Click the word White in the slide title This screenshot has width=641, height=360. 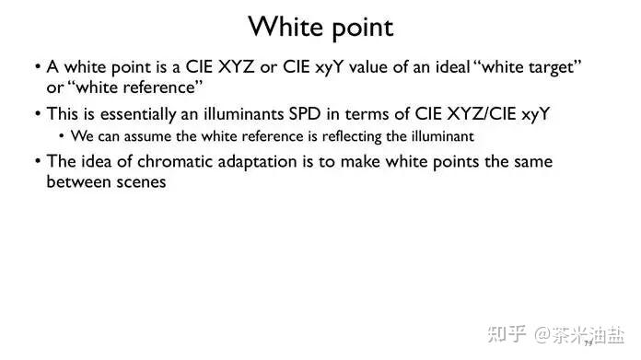point(286,27)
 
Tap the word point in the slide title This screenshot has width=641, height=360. point(362,29)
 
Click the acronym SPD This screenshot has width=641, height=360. point(305,114)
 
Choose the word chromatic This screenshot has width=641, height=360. point(175,162)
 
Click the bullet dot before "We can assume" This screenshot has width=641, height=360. point(62,136)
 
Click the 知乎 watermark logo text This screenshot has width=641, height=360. point(507,334)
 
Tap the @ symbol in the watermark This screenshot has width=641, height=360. point(542,334)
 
